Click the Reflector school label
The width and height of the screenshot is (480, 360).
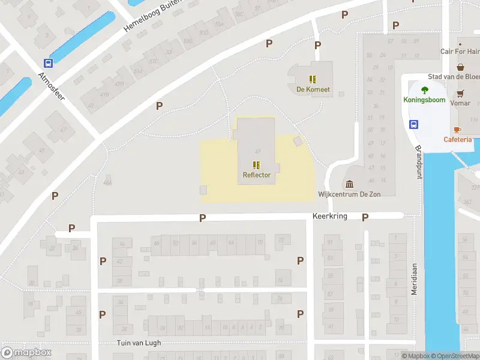pyautogui.click(x=257, y=175)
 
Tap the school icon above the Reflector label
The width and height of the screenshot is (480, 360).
pyautogui.click(x=257, y=164)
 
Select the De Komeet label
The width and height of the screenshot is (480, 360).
pyautogui.click(x=313, y=89)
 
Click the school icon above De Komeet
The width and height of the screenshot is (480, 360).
pyautogui.click(x=313, y=79)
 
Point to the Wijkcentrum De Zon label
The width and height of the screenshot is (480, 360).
pyautogui.click(x=351, y=194)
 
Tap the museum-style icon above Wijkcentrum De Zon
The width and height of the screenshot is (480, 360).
pyautogui.click(x=350, y=184)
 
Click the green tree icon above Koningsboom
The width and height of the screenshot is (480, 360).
pyautogui.click(x=425, y=90)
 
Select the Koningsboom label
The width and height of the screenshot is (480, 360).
pyautogui.click(x=425, y=100)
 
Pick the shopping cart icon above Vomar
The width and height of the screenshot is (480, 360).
pyautogui.click(x=460, y=93)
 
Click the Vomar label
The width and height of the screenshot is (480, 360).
pyautogui.click(x=460, y=103)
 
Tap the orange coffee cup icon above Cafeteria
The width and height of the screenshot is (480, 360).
pyautogui.click(x=457, y=130)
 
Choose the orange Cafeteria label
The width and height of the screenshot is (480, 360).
pyautogui.click(x=457, y=139)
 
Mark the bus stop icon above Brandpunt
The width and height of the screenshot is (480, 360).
pyautogui.click(x=413, y=124)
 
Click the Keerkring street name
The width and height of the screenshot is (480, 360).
pyautogui.click(x=329, y=216)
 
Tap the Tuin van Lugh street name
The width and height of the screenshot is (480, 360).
pyautogui.click(x=139, y=343)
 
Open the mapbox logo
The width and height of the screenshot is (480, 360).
pyautogui.click(x=26, y=352)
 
